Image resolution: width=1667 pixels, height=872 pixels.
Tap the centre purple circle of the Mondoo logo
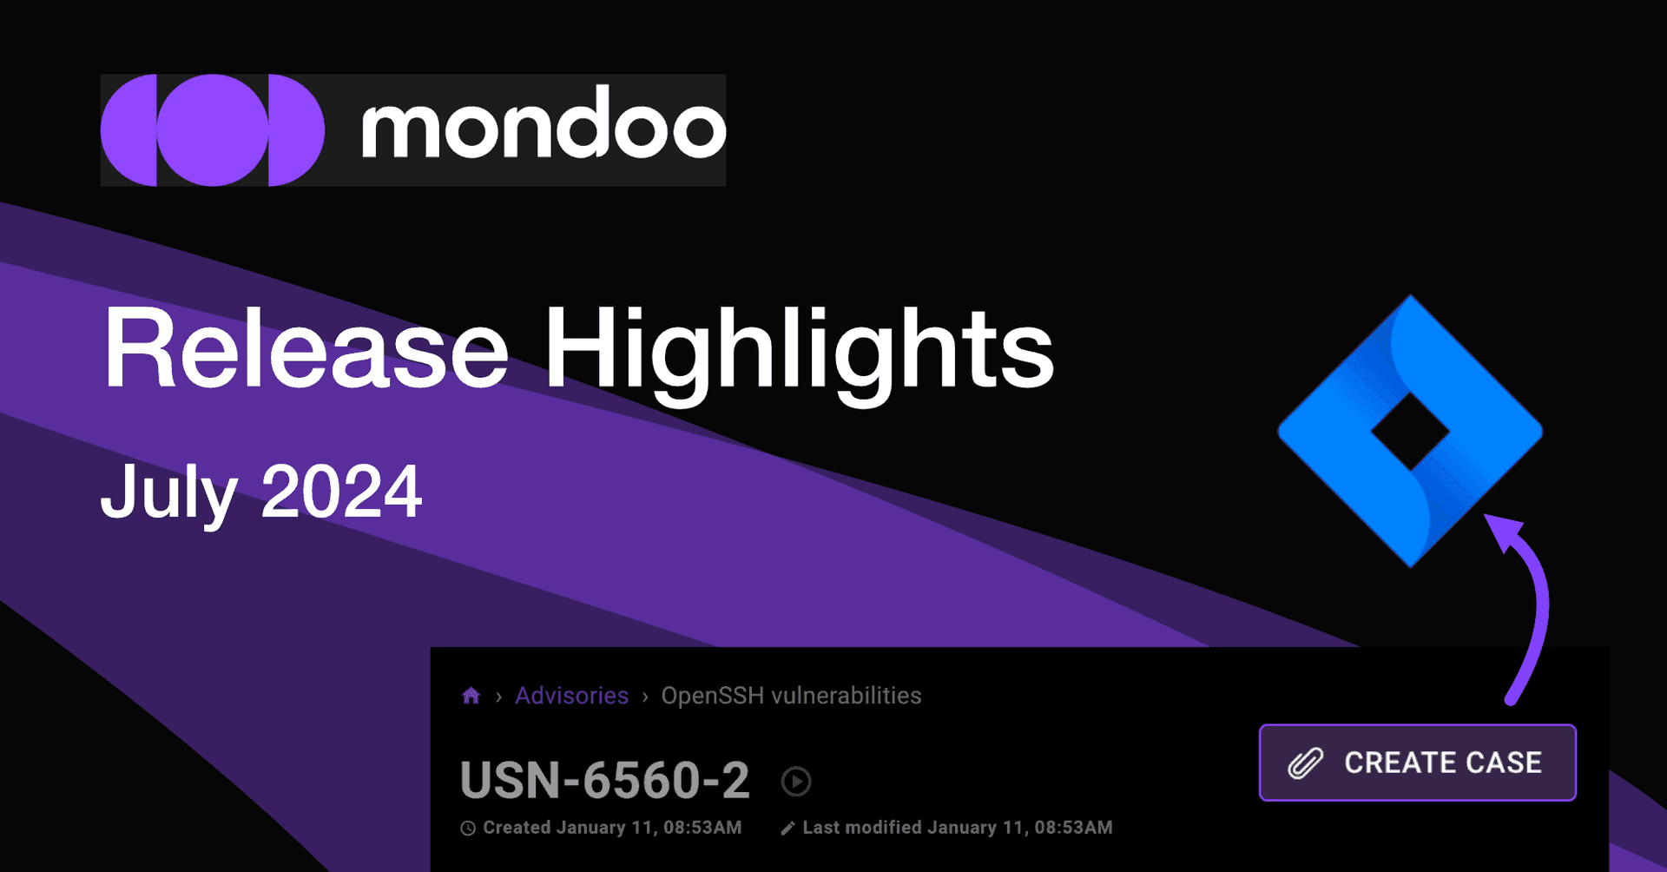212,130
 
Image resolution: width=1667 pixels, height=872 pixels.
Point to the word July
168,492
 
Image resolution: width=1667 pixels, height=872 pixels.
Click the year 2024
341,492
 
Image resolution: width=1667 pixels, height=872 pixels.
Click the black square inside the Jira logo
1410,432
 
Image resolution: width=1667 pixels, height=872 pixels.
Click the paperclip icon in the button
1305,763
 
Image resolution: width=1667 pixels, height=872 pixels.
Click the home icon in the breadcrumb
471,695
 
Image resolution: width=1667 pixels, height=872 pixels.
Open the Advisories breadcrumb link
571,695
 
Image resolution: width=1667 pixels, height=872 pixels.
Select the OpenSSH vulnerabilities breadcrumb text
791,695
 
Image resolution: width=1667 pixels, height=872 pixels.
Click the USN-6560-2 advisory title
604,780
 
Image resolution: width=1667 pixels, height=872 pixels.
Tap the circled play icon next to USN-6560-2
796,781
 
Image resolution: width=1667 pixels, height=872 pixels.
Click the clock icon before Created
468,828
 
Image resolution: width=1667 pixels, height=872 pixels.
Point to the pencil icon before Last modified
787,828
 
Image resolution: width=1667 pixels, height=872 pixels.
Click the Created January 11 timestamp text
612,828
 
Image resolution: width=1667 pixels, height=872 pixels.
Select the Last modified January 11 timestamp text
957,828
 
